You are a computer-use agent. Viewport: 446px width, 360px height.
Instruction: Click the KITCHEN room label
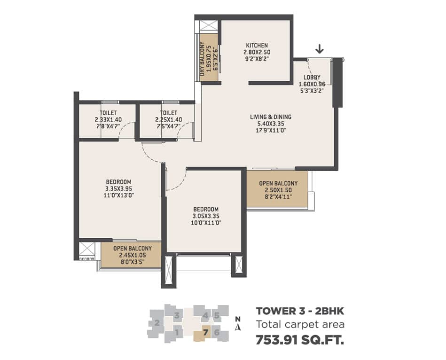tap(257, 46)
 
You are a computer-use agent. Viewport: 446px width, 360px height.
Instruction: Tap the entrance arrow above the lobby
tap(320, 50)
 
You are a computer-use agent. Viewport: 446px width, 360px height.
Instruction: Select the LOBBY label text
tap(312, 78)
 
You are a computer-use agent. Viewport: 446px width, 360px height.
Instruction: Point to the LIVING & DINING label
tap(271, 117)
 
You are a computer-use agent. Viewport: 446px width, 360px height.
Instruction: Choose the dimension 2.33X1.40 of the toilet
tap(108, 120)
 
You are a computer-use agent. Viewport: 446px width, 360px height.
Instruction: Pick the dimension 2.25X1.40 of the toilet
tap(169, 120)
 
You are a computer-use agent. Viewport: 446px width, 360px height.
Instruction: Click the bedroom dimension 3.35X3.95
tap(118, 188)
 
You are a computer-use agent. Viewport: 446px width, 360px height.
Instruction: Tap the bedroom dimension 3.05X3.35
tap(206, 216)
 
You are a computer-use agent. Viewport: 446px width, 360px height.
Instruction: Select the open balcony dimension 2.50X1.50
tap(278, 190)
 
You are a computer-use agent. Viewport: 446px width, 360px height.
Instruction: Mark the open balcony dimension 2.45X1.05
tap(133, 255)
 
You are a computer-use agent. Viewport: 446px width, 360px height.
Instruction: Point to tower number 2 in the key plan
tap(157, 323)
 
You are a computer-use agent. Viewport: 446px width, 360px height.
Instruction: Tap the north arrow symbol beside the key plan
tap(238, 328)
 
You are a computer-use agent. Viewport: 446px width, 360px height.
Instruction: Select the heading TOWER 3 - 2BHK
tap(300, 311)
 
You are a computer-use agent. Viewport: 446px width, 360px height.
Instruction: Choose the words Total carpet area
tap(300, 324)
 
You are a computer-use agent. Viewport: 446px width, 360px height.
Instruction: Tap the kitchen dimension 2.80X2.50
tap(257, 52)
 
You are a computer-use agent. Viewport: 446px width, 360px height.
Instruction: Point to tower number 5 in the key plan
tap(217, 315)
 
